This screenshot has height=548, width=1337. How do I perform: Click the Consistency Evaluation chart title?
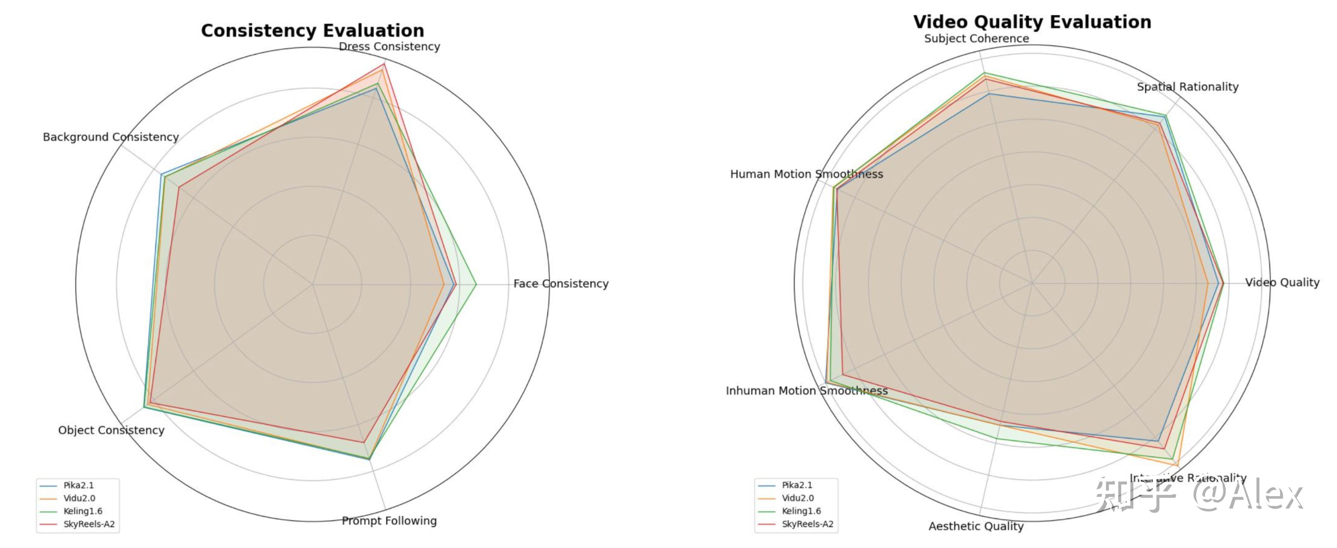(312, 31)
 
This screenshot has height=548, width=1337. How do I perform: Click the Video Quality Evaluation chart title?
(1032, 22)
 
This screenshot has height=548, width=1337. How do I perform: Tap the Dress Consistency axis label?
(389, 47)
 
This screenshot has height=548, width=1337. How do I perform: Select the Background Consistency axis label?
(111, 137)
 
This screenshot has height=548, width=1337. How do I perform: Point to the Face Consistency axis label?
(561, 283)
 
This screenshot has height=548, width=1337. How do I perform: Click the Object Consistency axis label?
(111, 430)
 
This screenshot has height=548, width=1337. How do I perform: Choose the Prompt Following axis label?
(389, 521)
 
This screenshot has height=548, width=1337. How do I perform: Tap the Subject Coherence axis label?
(976, 38)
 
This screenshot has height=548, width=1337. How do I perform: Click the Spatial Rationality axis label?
(1187, 87)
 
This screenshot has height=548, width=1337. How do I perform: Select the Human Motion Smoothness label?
(807, 174)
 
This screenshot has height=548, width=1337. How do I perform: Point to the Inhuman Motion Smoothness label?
(807, 391)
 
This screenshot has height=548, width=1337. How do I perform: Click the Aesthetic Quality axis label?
(976, 526)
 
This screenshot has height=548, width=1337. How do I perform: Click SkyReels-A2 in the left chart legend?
(89, 524)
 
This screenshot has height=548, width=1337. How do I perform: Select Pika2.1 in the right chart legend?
(797, 485)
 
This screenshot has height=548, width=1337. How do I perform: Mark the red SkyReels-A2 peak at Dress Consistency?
(384, 64)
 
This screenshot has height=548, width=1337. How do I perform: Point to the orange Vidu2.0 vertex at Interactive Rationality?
(1177, 465)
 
